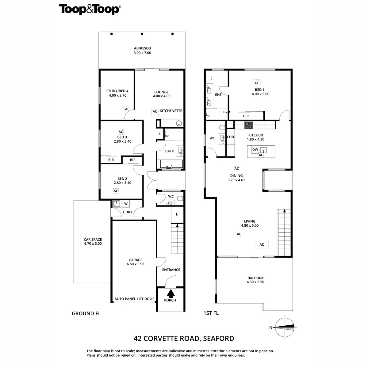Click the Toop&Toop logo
pos(89,9)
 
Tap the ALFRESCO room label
pos(142,48)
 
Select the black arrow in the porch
pos(171,293)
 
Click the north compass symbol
pos(285,327)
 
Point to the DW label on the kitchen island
pos(255,150)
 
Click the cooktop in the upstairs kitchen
pos(249,125)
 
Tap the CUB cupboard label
pos(230,137)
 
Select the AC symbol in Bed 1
pos(257,83)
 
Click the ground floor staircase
pos(177,239)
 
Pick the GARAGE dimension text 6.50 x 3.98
pos(135,264)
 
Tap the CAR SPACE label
pos(93,240)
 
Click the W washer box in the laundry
pos(126,204)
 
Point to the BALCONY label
pos(256,278)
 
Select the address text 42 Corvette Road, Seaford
pos(184,339)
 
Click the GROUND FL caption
pos(86,313)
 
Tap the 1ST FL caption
pos(211,313)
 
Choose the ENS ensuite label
pos(218,95)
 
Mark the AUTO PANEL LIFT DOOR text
pos(134,299)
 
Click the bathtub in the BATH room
pos(170,164)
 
